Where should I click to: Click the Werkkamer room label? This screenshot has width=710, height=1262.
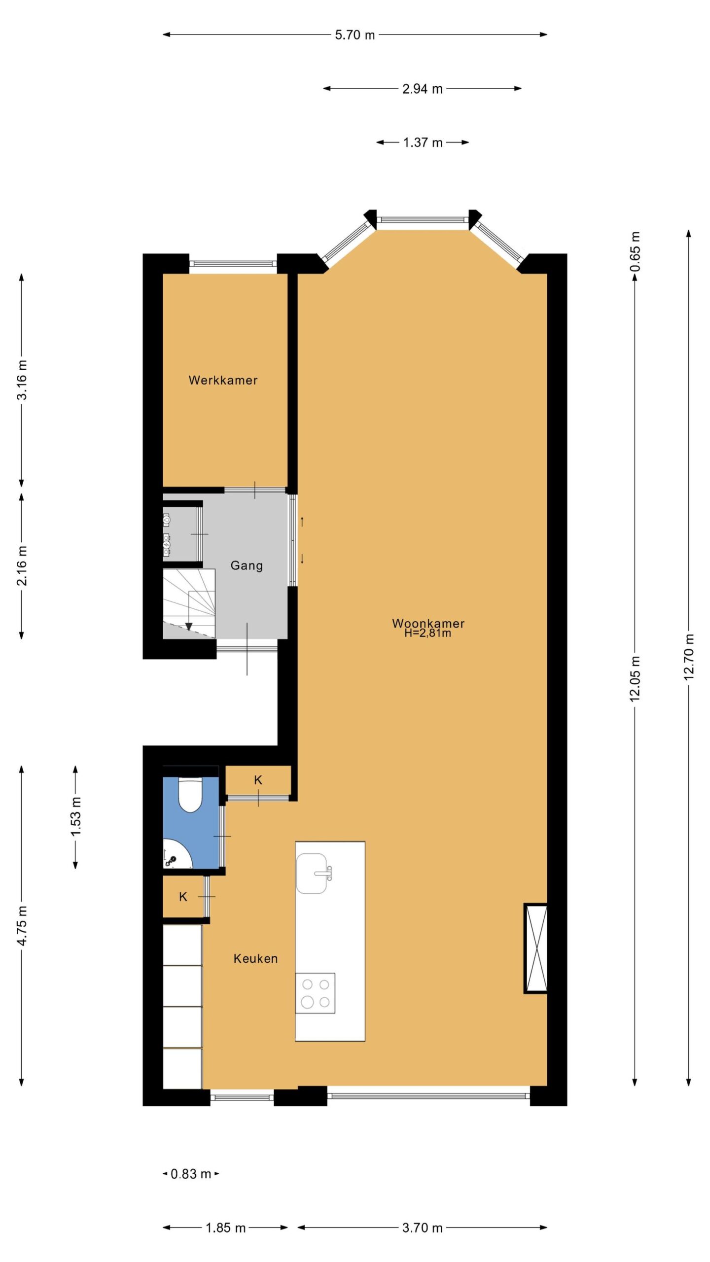[223, 380]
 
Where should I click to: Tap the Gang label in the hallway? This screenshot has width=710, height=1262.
[247, 565]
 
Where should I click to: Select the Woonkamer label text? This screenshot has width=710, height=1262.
[428, 623]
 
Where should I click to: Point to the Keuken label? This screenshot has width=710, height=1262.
[255, 958]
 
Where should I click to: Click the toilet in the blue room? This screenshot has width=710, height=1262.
[190, 794]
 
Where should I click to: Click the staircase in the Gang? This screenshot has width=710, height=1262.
[189, 603]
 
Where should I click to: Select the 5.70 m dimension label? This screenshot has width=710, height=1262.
[355, 35]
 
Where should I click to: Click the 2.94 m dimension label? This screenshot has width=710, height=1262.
[423, 89]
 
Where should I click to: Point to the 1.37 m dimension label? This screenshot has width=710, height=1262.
[423, 142]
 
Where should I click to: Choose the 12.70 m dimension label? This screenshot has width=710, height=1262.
[689, 657]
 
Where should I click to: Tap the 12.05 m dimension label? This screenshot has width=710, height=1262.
[635, 678]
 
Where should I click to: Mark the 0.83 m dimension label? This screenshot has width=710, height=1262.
[191, 1174]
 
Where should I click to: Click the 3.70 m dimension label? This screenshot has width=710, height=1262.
[423, 1227]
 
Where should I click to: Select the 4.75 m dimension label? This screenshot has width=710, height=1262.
[22, 925]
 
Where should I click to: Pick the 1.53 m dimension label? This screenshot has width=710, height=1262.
[75, 816]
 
